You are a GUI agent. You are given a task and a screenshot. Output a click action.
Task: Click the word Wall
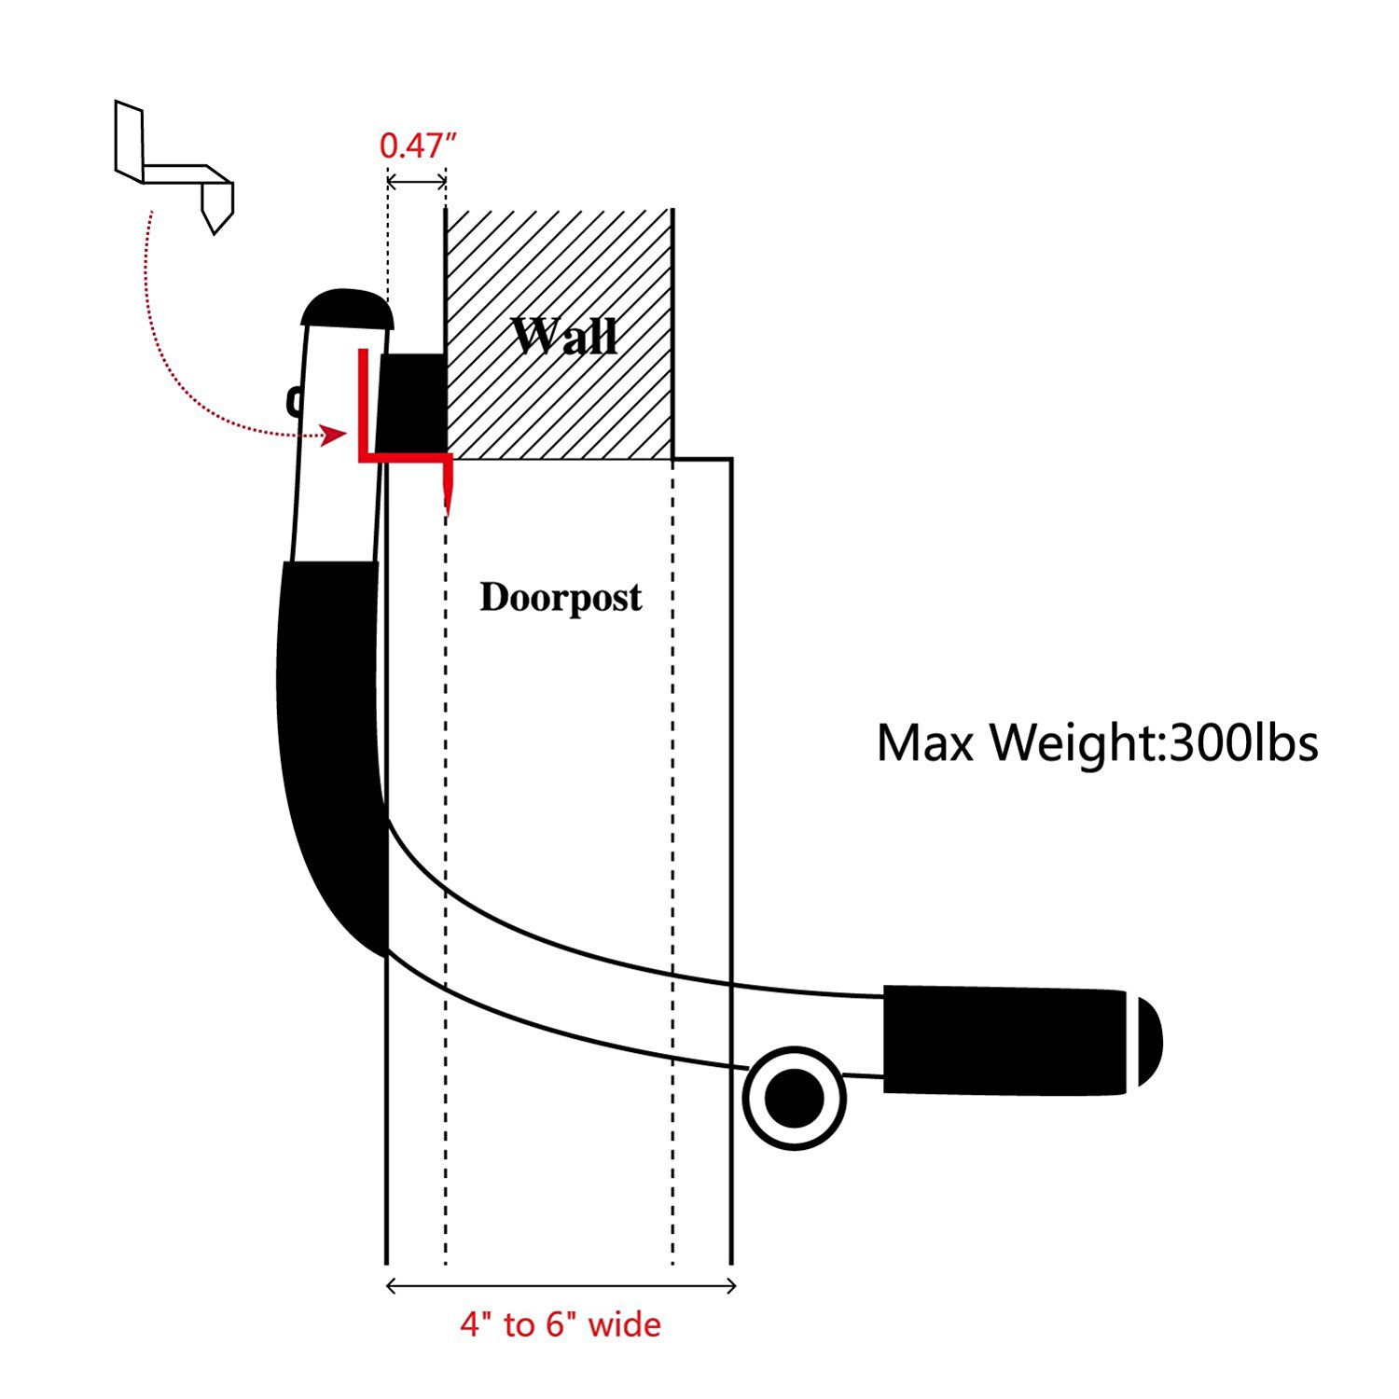[564, 336]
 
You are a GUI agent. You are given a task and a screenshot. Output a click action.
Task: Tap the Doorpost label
[561, 597]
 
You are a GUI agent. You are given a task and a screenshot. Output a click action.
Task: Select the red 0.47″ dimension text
[418, 145]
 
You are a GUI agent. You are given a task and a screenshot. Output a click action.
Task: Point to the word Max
[928, 743]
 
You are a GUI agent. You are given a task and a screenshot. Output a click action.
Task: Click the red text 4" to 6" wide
[561, 1324]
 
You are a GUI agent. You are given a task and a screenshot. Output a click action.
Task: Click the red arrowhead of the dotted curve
[334, 435]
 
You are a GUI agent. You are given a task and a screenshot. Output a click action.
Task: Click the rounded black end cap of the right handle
[1150, 1041]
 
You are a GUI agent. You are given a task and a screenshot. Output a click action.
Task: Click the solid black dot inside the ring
[794, 1098]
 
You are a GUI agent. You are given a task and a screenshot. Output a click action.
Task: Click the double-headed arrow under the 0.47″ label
[416, 181]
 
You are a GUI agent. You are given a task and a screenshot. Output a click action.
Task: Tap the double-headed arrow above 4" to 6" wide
[561, 1286]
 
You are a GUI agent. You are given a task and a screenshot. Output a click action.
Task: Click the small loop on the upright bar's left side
[294, 401]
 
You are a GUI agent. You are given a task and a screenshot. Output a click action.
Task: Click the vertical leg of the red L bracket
[363, 406]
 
